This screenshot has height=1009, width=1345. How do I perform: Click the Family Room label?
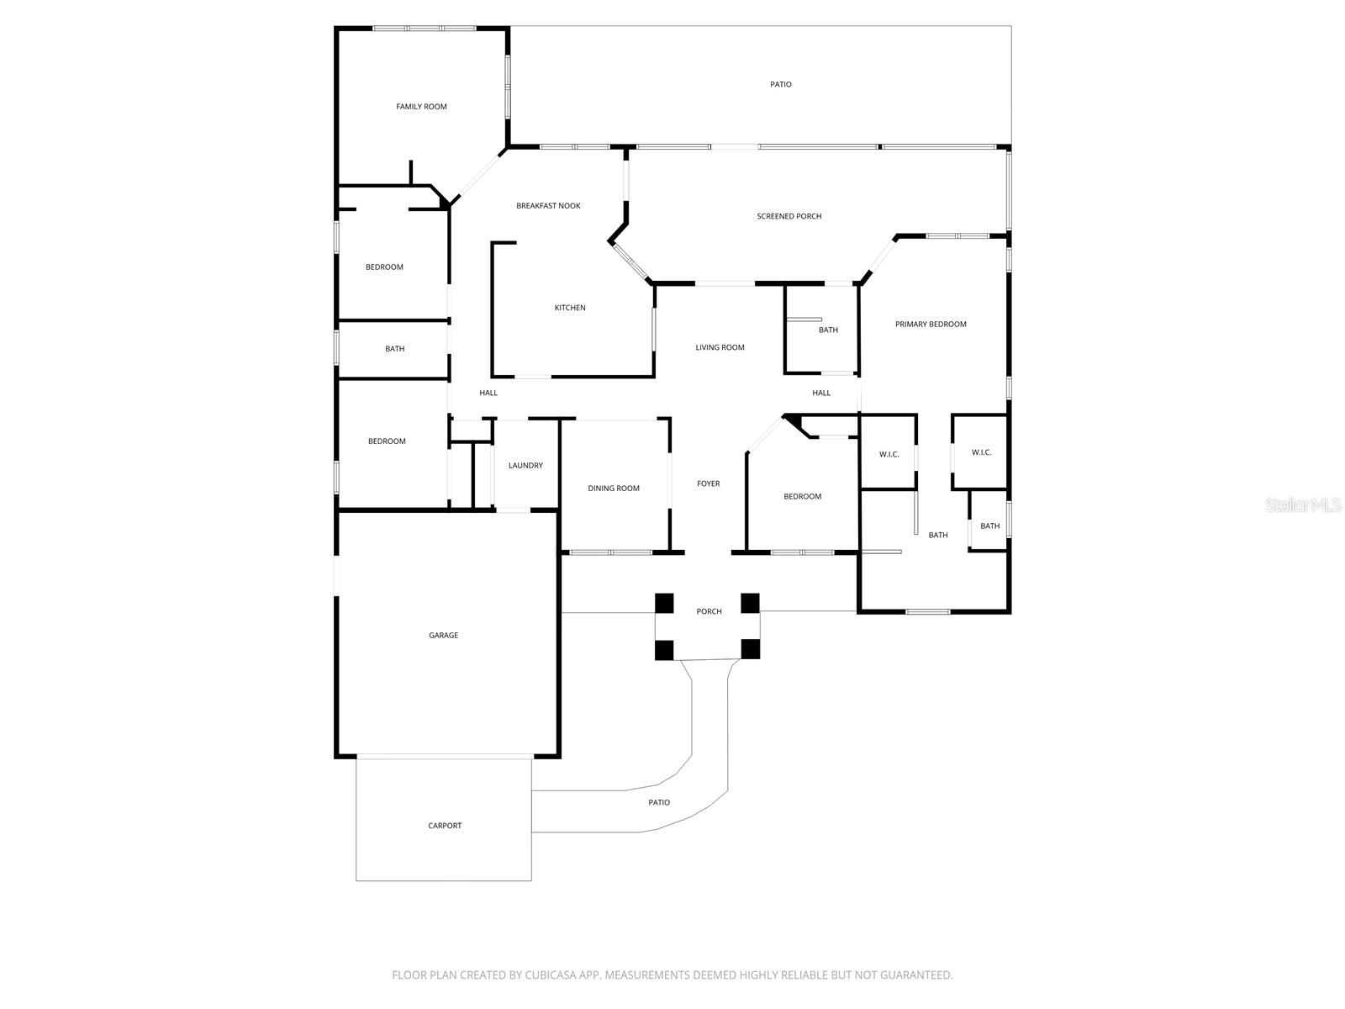[x=421, y=107]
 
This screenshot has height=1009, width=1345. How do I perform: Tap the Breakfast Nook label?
[x=548, y=206]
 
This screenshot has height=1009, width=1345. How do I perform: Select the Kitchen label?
[x=570, y=308]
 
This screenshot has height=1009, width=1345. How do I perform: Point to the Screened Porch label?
[x=789, y=216]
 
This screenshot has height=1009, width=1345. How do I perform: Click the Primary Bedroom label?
[x=931, y=325]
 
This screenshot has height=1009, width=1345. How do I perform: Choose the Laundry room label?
[x=525, y=466]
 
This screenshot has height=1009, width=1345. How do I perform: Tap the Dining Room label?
[x=614, y=489]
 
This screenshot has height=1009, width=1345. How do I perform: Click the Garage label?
[x=444, y=636]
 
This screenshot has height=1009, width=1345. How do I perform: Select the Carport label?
[x=445, y=826]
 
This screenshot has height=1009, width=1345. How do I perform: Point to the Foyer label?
[x=709, y=483]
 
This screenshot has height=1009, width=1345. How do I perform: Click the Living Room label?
[x=720, y=347]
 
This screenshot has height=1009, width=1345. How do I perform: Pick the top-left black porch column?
[x=665, y=603]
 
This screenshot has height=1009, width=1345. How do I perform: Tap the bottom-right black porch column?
[x=750, y=649]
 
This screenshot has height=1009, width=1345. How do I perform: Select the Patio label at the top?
[x=781, y=84]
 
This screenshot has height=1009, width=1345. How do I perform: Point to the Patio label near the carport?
[x=659, y=803]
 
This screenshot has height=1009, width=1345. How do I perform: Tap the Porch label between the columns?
[x=709, y=611]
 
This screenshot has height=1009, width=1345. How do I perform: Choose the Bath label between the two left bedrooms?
[x=394, y=349]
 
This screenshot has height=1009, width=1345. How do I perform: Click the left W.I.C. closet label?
[x=889, y=455]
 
